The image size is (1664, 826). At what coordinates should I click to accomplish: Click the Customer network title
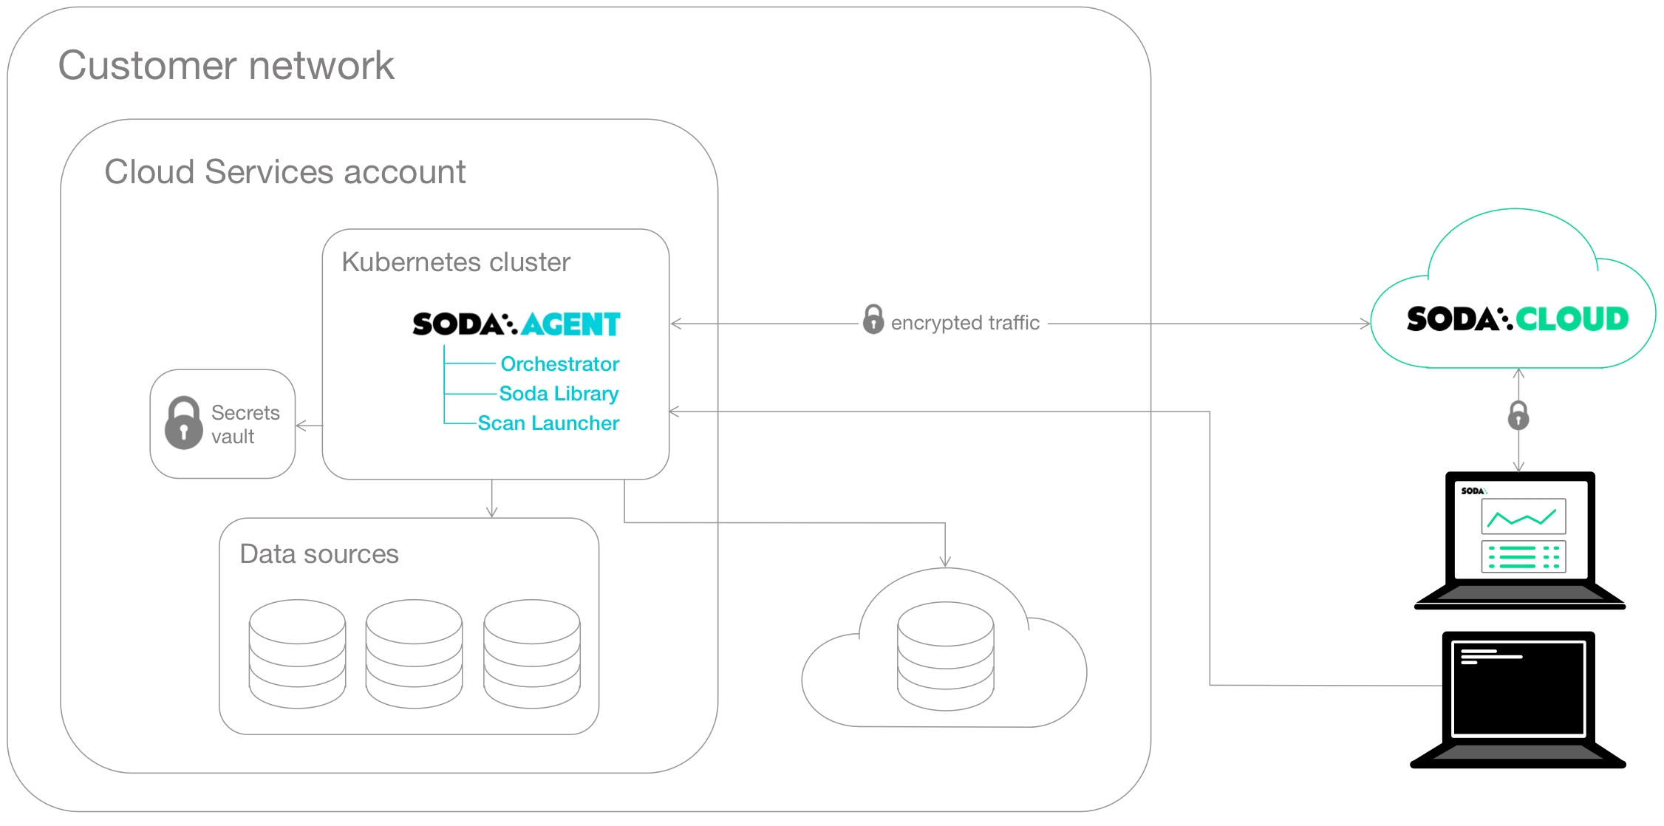tap(226, 66)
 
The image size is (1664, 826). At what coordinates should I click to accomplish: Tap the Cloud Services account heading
tap(284, 172)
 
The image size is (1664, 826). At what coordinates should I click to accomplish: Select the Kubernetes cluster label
tap(455, 262)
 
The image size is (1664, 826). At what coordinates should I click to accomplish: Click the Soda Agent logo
tap(516, 324)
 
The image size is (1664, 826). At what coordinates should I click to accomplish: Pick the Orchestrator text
tap(559, 363)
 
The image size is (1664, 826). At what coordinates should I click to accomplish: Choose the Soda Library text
tap(559, 393)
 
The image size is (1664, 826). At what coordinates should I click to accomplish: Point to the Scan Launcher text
tap(548, 423)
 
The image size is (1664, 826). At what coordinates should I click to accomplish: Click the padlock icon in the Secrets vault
tap(183, 423)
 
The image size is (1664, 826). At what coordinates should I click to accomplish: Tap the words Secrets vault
tap(245, 424)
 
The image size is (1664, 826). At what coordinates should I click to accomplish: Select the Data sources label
tap(319, 554)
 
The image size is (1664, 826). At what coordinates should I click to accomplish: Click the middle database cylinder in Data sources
tap(414, 653)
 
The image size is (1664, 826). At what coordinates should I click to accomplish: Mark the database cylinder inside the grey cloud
tap(945, 655)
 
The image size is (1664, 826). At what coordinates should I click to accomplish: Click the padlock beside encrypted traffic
tap(873, 319)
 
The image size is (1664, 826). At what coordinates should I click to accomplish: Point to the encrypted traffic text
tap(965, 323)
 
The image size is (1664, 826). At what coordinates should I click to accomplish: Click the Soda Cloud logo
tap(1517, 319)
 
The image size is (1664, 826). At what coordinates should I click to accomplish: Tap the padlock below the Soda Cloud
tap(1518, 416)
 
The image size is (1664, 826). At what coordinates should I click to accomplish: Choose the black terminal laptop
tap(1518, 698)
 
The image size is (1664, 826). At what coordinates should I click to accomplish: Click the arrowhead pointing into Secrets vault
tap(300, 426)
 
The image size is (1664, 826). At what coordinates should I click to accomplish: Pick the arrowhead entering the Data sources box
tap(492, 513)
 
